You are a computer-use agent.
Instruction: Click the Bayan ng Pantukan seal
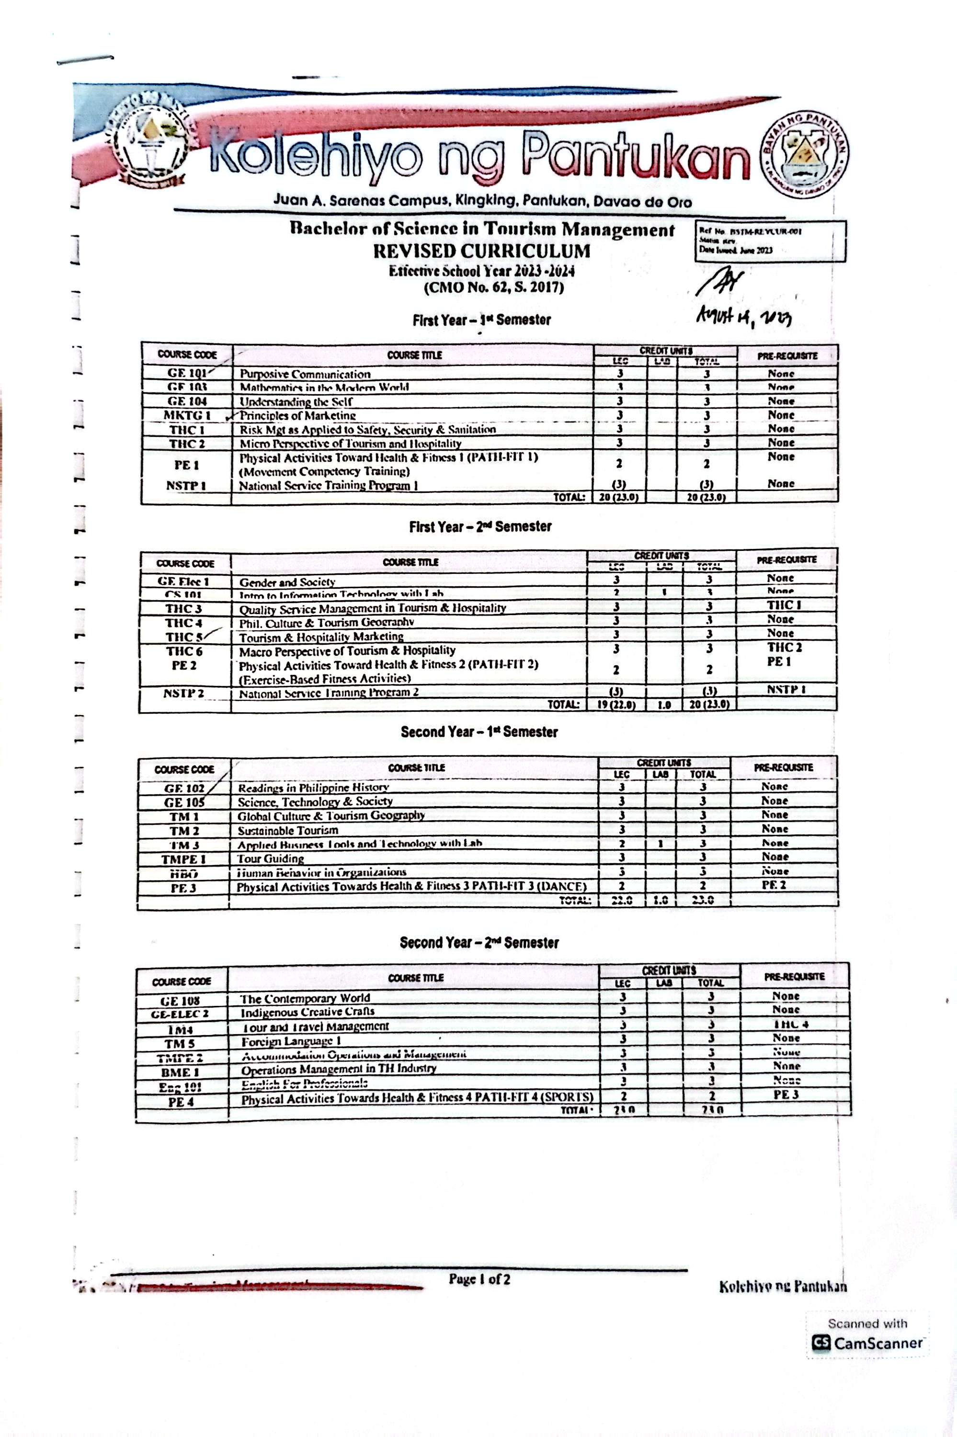tap(804, 154)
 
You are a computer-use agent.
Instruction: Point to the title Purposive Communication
tap(305, 374)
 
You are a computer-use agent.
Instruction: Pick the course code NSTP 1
tap(185, 485)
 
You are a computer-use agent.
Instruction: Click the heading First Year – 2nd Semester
tap(480, 526)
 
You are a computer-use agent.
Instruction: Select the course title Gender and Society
tap(287, 582)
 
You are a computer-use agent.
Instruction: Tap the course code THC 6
tap(184, 651)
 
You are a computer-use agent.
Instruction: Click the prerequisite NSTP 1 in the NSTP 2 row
tap(786, 689)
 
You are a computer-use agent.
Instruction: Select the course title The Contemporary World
tap(305, 998)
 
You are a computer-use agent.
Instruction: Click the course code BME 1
tap(181, 1072)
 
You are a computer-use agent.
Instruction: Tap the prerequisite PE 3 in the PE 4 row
tap(786, 1094)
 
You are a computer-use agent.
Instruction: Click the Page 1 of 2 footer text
tap(479, 1278)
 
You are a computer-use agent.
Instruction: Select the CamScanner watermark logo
tap(821, 1343)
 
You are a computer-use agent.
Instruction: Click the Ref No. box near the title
tap(770, 241)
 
